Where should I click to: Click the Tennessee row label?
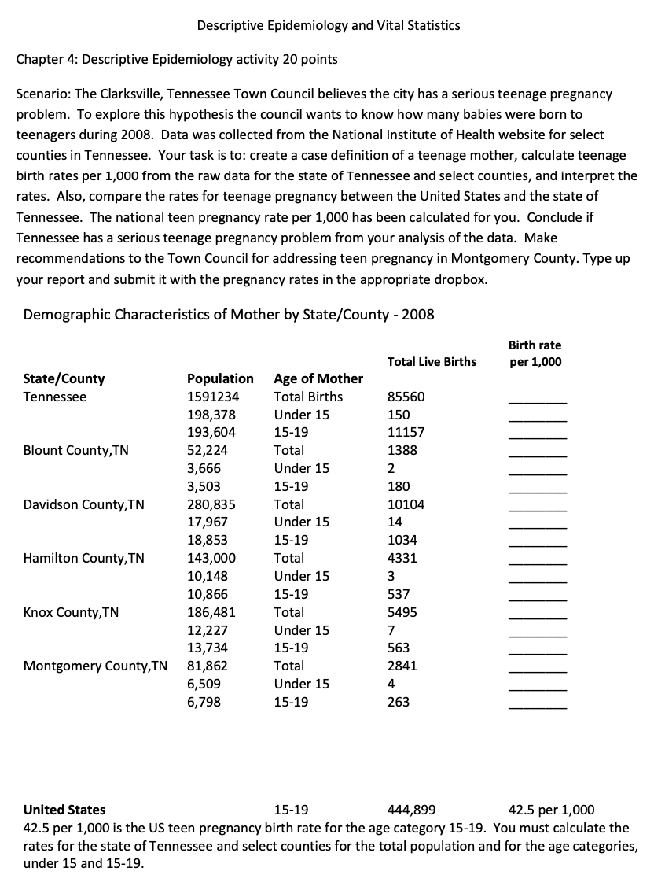(55, 397)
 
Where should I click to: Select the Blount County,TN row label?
(76, 451)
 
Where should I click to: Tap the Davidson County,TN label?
(84, 504)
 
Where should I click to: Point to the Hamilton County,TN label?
(84, 559)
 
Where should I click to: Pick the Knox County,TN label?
(71, 612)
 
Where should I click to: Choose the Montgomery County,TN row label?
(95, 666)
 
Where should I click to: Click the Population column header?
(220, 378)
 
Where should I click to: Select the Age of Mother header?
(318, 378)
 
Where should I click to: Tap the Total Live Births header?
(432, 362)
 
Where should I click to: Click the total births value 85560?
(406, 397)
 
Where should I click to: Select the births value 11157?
(406, 432)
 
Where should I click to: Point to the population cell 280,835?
(211, 504)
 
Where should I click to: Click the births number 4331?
(402, 559)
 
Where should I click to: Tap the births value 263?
(399, 702)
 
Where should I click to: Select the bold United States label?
(64, 810)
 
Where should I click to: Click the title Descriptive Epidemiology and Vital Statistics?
(329, 25)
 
